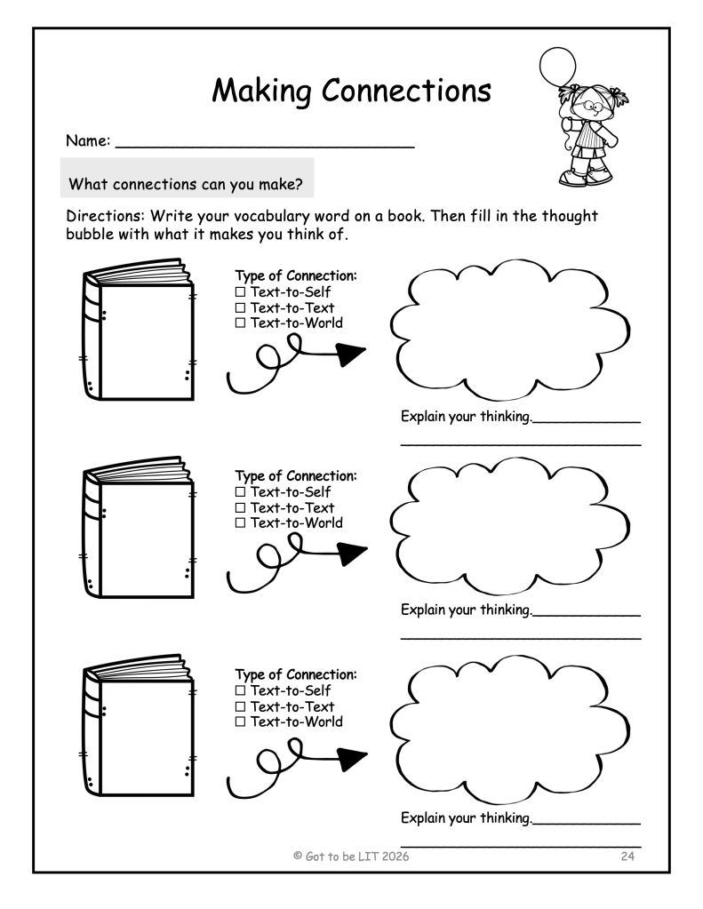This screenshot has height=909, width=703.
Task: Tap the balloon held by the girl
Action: pyautogui.click(x=558, y=68)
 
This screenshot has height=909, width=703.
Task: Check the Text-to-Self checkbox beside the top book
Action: pyautogui.click(x=240, y=292)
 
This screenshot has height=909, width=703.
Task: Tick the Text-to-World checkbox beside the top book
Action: pyautogui.click(x=240, y=323)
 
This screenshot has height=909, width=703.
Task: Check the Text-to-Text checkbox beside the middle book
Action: pyautogui.click(x=240, y=508)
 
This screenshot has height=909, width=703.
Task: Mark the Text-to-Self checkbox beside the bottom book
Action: pyautogui.click(x=240, y=691)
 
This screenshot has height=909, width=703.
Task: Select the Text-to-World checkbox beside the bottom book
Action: pyautogui.click(x=240, y=722)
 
